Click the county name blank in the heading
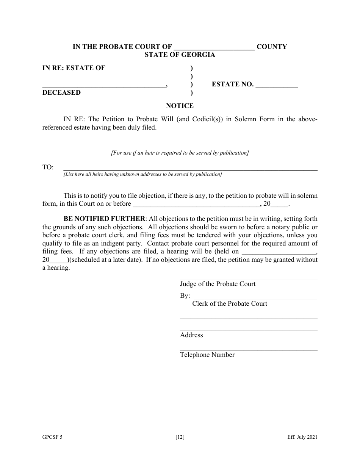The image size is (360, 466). coord(214,48)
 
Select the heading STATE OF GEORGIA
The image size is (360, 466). coord(180,55)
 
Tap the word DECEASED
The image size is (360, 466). coord(61,92)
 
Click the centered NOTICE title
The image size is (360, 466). coord(180,106)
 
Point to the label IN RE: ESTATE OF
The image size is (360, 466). coord(74,68)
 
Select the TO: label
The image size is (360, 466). coord(48,167)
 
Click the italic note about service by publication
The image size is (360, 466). coord(180,153)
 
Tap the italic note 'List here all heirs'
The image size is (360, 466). coord(142,174)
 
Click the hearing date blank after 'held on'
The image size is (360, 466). coord(278,252)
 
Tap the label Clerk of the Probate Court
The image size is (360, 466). coord(230,303)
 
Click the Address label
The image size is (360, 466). coord(191,335)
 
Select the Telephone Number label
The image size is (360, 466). coord(207,355)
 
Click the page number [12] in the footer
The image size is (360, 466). coord(180,437)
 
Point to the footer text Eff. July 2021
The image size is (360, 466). coord(302,437)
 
